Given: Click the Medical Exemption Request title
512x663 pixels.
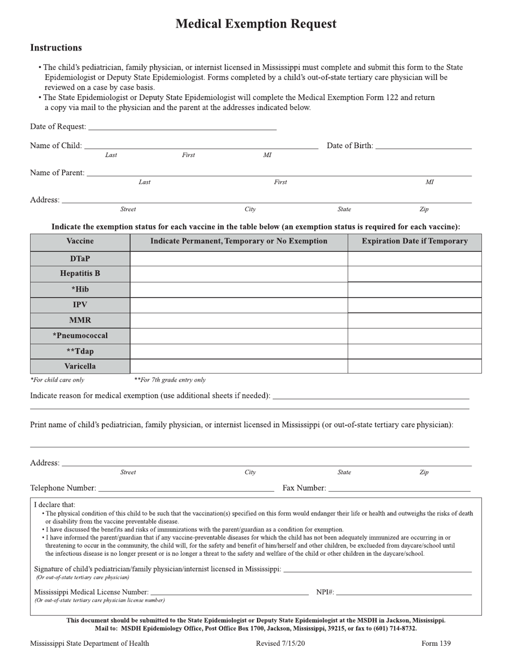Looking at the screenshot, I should [x=255, y=24].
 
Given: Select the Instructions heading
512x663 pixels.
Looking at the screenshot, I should [x=56, y=48].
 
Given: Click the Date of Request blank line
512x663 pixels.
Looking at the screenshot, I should [x=182, y=127].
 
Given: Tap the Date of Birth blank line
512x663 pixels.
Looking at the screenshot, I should [x=423, y=146].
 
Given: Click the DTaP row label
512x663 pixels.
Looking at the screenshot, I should [x=80, y=259].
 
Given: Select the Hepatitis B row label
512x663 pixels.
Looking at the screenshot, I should [x=80, y=274].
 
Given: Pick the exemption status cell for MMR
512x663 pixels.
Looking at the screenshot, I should [x=239, y=320].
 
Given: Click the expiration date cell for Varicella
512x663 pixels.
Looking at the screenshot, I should [x=414, y=367].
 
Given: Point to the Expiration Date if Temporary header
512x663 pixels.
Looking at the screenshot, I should [x=414, y=241].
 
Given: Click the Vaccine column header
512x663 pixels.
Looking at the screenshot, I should [x=80, y=241].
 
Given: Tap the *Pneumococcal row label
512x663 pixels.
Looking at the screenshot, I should [x=80, y=336].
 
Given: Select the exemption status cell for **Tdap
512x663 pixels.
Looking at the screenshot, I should [x=239, y=351].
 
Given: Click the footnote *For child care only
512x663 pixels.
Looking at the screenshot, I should [x=57, y=380].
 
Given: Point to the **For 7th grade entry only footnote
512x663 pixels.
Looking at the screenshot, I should [x=170, y=380].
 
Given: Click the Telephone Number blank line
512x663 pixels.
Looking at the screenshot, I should [x=186, y=489].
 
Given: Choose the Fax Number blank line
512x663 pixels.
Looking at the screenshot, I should [x=399, y=489].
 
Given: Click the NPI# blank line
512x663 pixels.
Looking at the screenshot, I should [x=404, y=593].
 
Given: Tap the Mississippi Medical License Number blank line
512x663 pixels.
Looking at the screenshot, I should [x=229, y=593].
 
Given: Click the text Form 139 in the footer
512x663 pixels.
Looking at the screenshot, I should [x=436, y=644].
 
